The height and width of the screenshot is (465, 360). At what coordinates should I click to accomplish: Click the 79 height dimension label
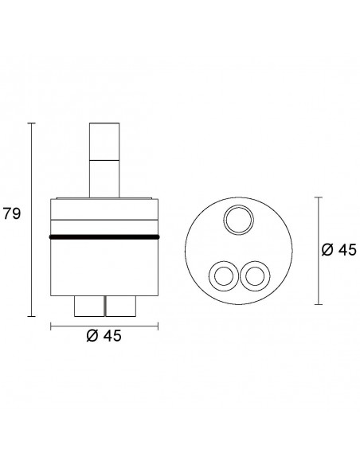(x=12, y=213)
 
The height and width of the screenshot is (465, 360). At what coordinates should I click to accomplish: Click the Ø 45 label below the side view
(x=104, y=336)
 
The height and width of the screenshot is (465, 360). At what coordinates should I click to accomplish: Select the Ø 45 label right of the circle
(x=339, y=250)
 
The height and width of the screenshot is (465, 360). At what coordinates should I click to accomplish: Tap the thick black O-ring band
(x=104, y=236)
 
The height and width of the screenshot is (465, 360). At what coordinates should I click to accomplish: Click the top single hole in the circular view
(x=238, y=221)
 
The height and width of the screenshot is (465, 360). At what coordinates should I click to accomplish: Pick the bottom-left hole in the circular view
(x=224, y=276)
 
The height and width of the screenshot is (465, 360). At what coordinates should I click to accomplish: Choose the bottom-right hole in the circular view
(x=255, y=276)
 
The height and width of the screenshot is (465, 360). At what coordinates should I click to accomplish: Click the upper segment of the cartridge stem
(x=104, y=142)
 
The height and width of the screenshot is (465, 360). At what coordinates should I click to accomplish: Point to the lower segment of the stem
(x=104, y=179)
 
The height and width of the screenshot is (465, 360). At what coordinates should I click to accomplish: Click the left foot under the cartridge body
(x=89, y=306)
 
